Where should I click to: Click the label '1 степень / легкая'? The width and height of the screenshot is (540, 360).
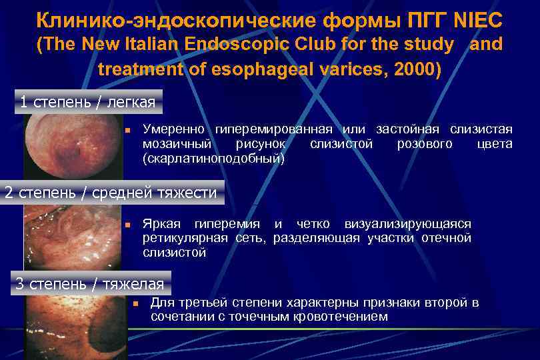[87, 102]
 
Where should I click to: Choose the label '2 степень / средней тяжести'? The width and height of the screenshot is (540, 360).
[111, 193]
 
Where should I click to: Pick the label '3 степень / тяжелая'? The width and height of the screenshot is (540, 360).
[89, 283]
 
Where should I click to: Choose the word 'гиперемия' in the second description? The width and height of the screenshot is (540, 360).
[224, 223]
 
